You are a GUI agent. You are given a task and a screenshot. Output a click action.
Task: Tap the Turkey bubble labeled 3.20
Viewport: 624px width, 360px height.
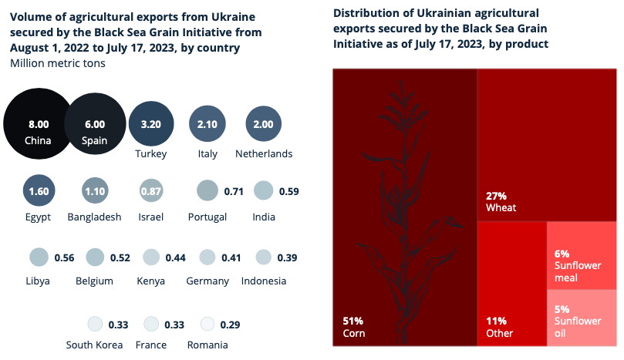[x=151, y=124]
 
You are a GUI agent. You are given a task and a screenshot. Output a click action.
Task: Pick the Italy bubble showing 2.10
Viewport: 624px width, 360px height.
[x=207, y=124]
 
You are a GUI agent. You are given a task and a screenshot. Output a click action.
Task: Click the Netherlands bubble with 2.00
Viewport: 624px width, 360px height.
[x=264, y=124]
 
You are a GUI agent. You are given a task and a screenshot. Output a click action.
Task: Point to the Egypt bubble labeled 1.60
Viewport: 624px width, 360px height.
[x=38, y=190]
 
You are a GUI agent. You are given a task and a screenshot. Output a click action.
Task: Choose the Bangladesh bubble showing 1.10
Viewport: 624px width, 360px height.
[x=94, y=190]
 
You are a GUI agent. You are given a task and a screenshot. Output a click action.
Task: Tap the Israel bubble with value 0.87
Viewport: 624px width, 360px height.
[x=151, y=190]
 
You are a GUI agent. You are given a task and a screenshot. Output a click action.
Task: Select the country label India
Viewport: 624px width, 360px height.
[x=264, y=217]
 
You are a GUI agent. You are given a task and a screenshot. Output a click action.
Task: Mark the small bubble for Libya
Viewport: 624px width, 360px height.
[x=38, y=257]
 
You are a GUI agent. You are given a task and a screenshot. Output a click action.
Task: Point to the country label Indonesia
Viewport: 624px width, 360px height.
[x=264, y=281]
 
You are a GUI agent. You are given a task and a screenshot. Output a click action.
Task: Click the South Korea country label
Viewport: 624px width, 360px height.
[x=94, y=345]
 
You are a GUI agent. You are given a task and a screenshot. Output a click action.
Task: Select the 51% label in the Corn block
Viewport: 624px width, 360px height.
[x=352, y=320]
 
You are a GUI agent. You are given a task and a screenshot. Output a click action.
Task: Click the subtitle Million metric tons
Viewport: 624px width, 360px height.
[x=58, y=62]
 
